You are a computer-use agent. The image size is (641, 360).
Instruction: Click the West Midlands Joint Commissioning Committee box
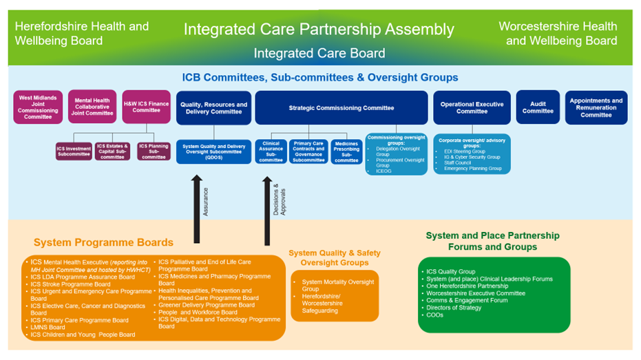[x=38, y=107]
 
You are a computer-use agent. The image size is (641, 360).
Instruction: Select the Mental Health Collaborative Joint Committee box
[x=92, y=107]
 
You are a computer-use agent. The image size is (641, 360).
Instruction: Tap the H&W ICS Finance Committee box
[x=146, y=107]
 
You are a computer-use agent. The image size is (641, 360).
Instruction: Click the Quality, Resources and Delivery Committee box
[x=213, y=108]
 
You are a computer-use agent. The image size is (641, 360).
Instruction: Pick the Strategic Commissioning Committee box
[x=341, y=108]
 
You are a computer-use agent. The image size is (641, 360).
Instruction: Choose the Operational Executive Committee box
[x=472, y=108]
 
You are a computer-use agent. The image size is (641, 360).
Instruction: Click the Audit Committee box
[x=538, y=107]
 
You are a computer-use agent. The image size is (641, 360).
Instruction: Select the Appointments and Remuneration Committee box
[x=596, y=108]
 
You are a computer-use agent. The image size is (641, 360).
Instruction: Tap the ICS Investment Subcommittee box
[x=74, y=151]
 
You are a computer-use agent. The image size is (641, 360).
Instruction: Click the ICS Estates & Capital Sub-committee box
[x=112, y=151]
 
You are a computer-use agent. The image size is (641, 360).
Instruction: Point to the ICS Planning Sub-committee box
[x=154, y=151]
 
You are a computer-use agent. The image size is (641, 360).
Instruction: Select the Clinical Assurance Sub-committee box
[x=271, y=152]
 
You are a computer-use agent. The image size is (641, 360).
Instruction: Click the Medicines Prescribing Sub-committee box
[x=346, y=152]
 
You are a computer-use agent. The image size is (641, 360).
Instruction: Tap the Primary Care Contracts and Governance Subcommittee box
[x=308, y=152]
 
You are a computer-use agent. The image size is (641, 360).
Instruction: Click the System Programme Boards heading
[x=103, y=242]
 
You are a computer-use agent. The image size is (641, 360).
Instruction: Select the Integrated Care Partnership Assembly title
[x=318, y=30]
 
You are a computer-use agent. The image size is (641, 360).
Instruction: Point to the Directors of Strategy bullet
[x=452, y=308]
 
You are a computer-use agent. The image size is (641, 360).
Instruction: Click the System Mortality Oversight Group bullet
[x=337, y=286]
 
